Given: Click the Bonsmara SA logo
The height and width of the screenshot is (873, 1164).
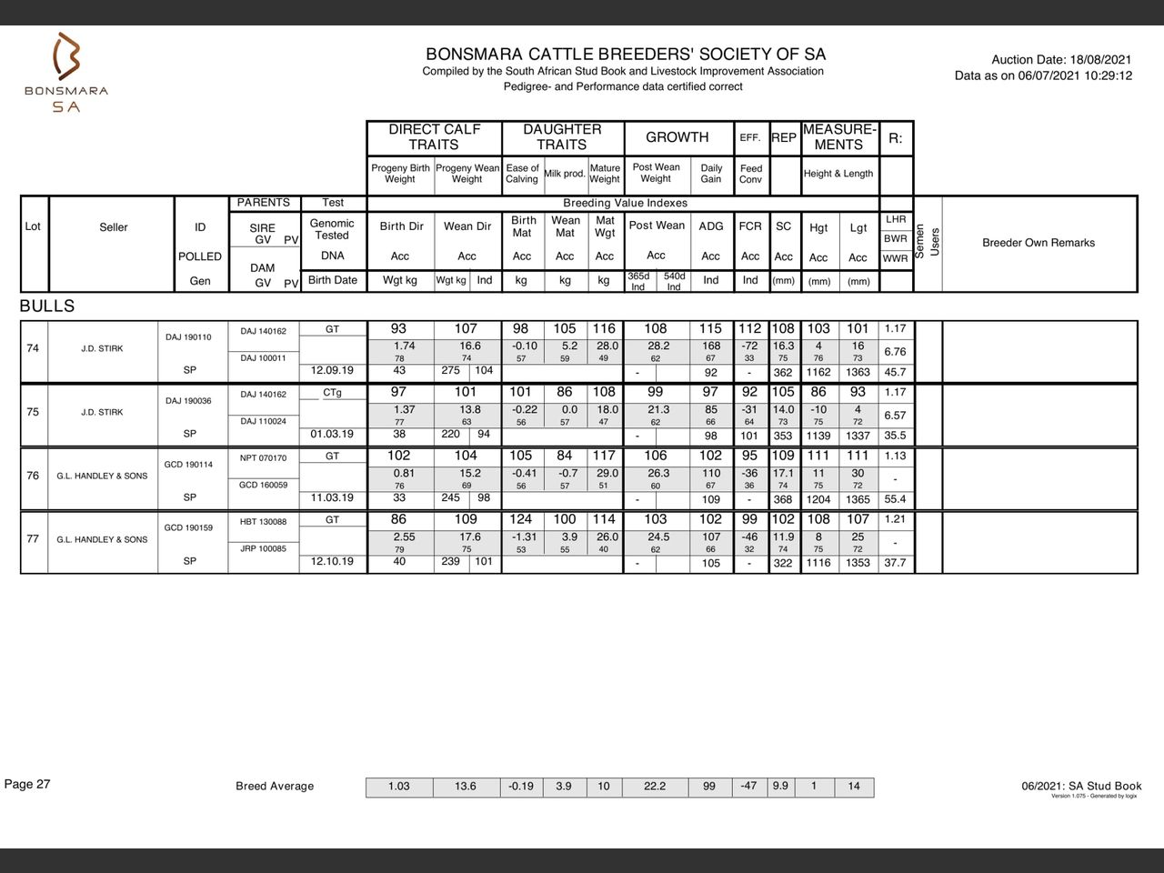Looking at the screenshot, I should pyautogui.click(x=65, y=73).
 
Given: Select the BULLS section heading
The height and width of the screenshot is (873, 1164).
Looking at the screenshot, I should pyautogui.click(x=47, y=306).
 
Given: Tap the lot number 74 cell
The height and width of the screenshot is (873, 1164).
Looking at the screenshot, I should pyautogui.click(x=33, y=348).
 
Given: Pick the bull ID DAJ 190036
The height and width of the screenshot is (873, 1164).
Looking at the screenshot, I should pyautogui.click(x=188, y=401).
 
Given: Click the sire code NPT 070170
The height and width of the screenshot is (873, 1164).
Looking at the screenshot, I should pyautogui.click(x=263, y=458).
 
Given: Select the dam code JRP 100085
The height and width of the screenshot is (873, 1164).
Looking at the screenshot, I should pyautogui.click(x=263, y=548).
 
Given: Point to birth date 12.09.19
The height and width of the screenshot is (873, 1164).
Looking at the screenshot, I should pyautogui.click(x=332, y=371).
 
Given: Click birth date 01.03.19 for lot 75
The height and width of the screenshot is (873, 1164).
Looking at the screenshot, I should pyautogui.click(x=332, y=435).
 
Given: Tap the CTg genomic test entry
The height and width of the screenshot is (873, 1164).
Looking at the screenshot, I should pyautogui.click(x=332, y=393).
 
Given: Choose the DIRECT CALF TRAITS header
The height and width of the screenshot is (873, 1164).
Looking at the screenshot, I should pyautogui.click(x=434, y=137).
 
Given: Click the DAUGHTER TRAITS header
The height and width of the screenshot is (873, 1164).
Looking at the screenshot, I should pyautogui.click(x=562, y=137).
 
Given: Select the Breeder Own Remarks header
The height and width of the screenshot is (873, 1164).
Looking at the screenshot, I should pyautogui.click(x=1038, y=243).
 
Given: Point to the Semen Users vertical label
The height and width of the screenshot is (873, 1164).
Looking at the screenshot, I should pyautogui.click(x=927, y=242).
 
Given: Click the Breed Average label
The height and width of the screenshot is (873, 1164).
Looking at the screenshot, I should pyautogui.click(x=275, y=787).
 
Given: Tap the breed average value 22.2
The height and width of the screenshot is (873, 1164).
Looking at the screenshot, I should pyautogui.click(x=655, y=787).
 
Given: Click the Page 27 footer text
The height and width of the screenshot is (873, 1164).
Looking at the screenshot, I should pyautogui.click(x=27, y=785).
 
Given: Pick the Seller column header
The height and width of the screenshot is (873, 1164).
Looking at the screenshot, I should pyautogui.click(x=114, y=227).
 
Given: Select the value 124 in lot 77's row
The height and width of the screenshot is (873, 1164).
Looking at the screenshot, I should pyautogui.click(x=521, y=519).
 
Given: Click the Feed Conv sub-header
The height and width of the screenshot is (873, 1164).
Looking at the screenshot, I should pyautogui.click(x=751, y=174).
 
